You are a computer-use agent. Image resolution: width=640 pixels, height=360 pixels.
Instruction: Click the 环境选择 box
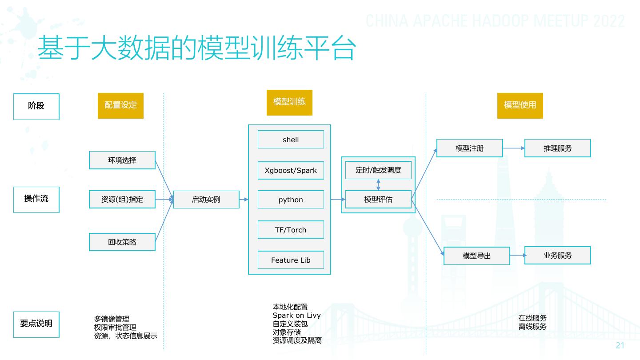pyautogui.click(x=122, y=160)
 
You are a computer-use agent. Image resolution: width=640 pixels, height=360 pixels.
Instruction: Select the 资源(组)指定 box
pyautogui.click(x=122, y=200)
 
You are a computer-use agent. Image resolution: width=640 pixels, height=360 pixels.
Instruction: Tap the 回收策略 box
pyautogui.click(x=122, y=242)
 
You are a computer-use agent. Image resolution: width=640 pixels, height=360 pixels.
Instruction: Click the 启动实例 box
pyautogui.click(x=206, y=200)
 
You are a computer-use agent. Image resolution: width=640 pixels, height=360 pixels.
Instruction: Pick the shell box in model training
pyautogui.click(x=291, y=140)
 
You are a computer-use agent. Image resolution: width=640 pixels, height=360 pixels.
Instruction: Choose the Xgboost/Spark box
pyautogui.click(x=291, y=171)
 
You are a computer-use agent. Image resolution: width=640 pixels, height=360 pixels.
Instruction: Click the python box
pyautogui.click(x=291, y=200)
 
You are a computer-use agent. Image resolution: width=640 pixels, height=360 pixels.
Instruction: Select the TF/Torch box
pyautogui.click(x=291, y=230)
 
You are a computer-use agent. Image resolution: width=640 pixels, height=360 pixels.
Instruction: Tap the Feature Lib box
pyautogui.click(x=291, y=260)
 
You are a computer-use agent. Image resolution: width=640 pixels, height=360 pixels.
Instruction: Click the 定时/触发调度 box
pyautogui.click(x=378, y=170)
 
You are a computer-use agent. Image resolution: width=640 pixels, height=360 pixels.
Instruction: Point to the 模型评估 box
pyautogui.click(x=378, y=199)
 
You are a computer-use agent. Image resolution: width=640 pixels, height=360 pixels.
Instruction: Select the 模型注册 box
pyautogui.click(x=469, y=148)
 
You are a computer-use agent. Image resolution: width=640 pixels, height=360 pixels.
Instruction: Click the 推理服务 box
pyautogui.click(x=557, y=148)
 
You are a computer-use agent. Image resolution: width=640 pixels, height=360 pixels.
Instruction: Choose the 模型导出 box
pyautogui.click(x=476, y=256)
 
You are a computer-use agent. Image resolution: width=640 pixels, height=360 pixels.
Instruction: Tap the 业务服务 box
pyautogui.click(x=557, y=255)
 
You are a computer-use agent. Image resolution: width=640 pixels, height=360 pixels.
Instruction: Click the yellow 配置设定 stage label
pyautogui.click(x=120, y=105)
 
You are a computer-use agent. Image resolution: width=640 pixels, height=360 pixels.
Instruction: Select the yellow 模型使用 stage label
pyautogui.click(x=520, y=105)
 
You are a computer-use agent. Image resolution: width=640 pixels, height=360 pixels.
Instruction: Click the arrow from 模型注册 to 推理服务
pyautogui.click(x=514, y=148)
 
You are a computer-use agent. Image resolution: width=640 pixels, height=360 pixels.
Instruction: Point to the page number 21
pyautogui.click(x=620, y=346)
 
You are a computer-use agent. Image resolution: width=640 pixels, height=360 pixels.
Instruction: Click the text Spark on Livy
pyautogui.click(x=296, y=316)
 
